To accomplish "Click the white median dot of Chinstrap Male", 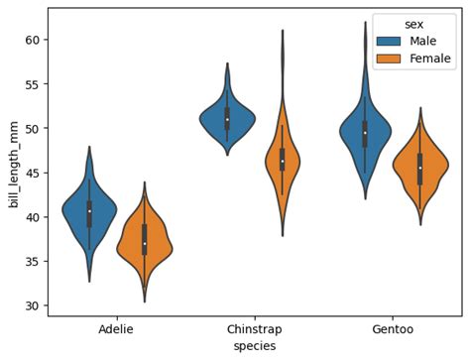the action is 227,119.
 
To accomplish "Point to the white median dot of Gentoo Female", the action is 420,168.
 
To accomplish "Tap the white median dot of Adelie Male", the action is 89,211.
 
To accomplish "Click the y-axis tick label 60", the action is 33,40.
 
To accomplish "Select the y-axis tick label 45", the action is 33,173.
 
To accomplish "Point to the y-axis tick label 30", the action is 33,305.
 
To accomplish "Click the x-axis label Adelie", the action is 116,329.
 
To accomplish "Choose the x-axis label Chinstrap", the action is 255,329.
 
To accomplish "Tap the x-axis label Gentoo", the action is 393,329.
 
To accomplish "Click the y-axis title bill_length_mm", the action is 14,165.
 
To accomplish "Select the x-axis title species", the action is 255,346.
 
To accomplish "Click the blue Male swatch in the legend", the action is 389,41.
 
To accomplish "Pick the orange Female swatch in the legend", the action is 389,59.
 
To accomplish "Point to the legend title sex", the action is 414,25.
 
